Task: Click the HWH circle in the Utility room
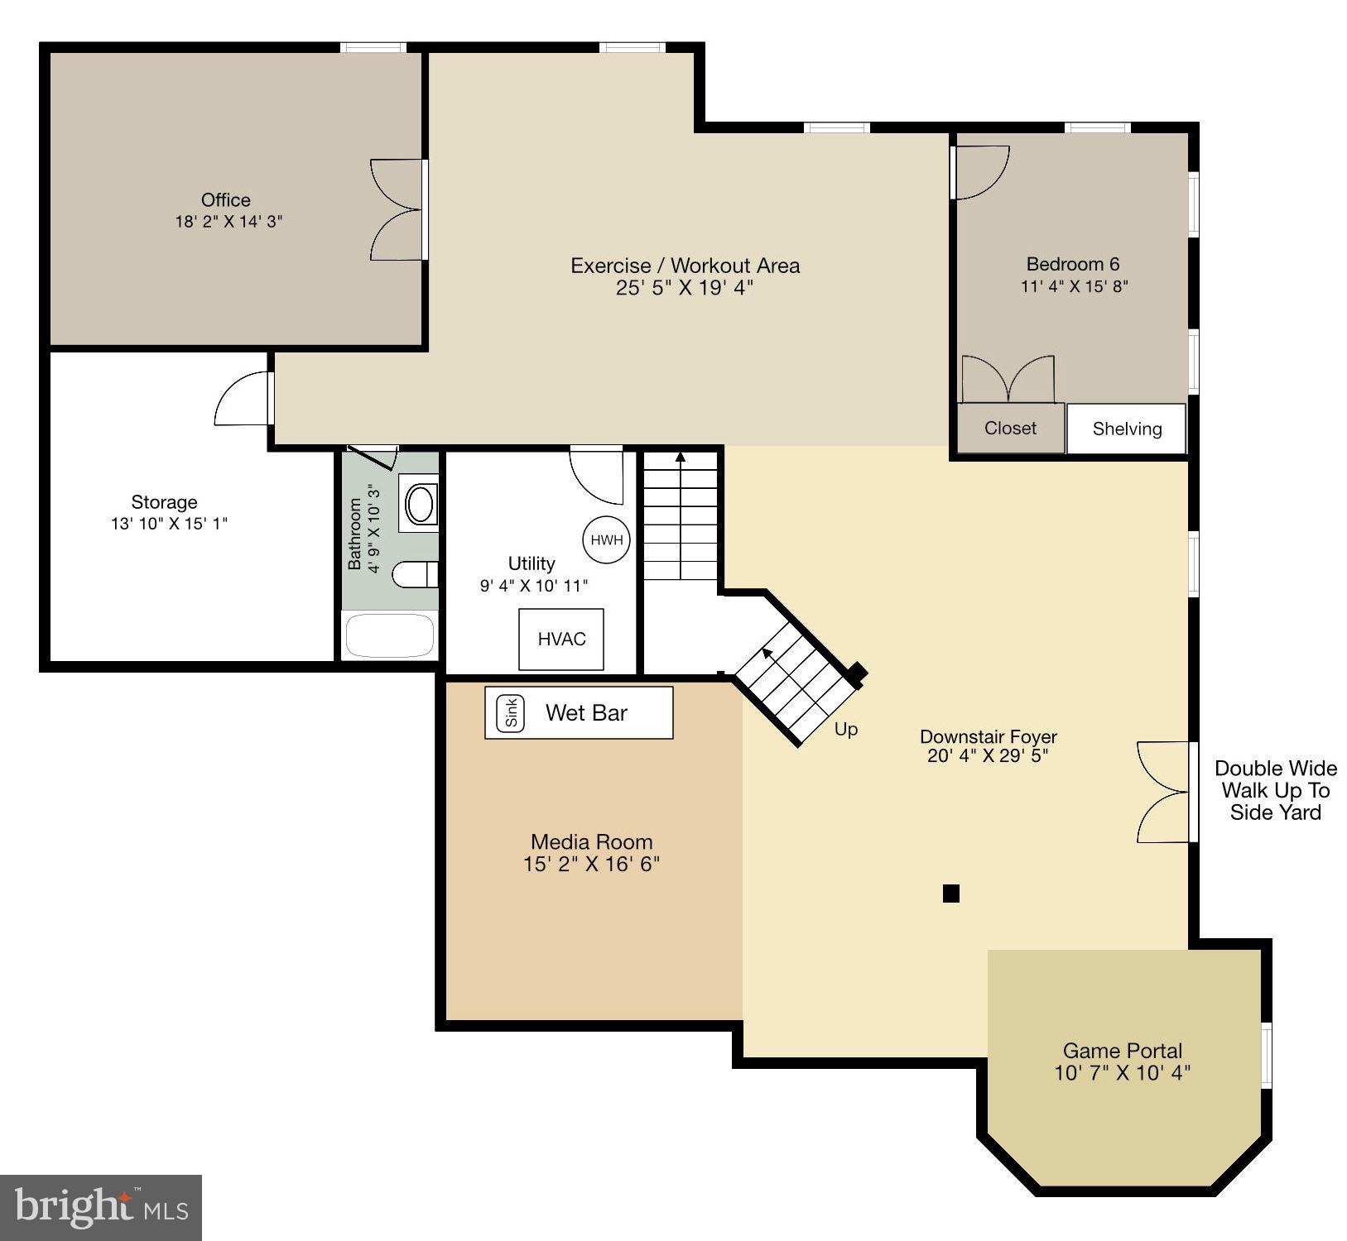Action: click(x=606, y=540)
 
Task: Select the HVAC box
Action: click(x=561, y=639)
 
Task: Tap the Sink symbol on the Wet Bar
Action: click(x=510, y=712)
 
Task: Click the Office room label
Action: click(x=226, y=199)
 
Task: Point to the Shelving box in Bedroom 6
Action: click(x=1126, y=429)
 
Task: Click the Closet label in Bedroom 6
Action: click(x=1010, y=428)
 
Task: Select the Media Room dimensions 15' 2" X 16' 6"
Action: click(x=591, y=864)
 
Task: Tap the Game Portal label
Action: click(x=1122, y=1051)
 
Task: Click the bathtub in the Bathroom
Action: click(x=389, y=635)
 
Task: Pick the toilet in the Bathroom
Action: click(x=414, y=573)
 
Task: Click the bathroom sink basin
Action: click(x=420, y=504)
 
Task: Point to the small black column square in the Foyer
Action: click(x=950, y=893)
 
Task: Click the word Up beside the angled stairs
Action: click(x=845, y=729)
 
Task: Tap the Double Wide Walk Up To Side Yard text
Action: click(x=1275, y=790)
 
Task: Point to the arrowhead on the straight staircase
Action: click(x=680, y=457)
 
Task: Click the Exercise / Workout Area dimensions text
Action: click(x=685, y=288)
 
